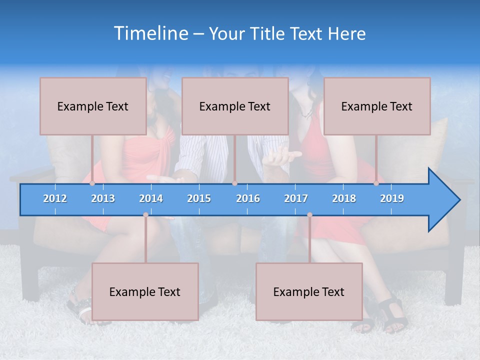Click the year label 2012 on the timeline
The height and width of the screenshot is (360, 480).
pos(55,198)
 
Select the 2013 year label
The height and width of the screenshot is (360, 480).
pos(103,198)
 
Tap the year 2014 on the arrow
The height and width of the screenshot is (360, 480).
pos(151,198)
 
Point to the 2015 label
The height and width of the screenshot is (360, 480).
pos(199,198)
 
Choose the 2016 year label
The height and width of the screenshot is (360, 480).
pos(248,198)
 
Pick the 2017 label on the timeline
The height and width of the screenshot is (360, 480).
pos(296,198)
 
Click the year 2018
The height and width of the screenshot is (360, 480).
pos(344,198)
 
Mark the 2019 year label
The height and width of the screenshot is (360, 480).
pos(392,198)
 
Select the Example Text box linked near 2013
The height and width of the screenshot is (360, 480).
pos(93,106)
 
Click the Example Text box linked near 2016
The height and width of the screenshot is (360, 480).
pos(235,106)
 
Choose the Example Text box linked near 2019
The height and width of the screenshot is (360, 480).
pos(377,106)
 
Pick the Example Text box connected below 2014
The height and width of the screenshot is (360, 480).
pos(145,291)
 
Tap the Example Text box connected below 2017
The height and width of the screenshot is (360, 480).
pos(309,291)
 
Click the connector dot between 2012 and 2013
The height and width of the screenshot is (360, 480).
pos(92,183)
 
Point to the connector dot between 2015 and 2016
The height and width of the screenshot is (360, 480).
pos(234,183)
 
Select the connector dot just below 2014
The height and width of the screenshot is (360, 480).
pos(145,214)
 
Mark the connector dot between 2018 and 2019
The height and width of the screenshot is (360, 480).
pos(376,183)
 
